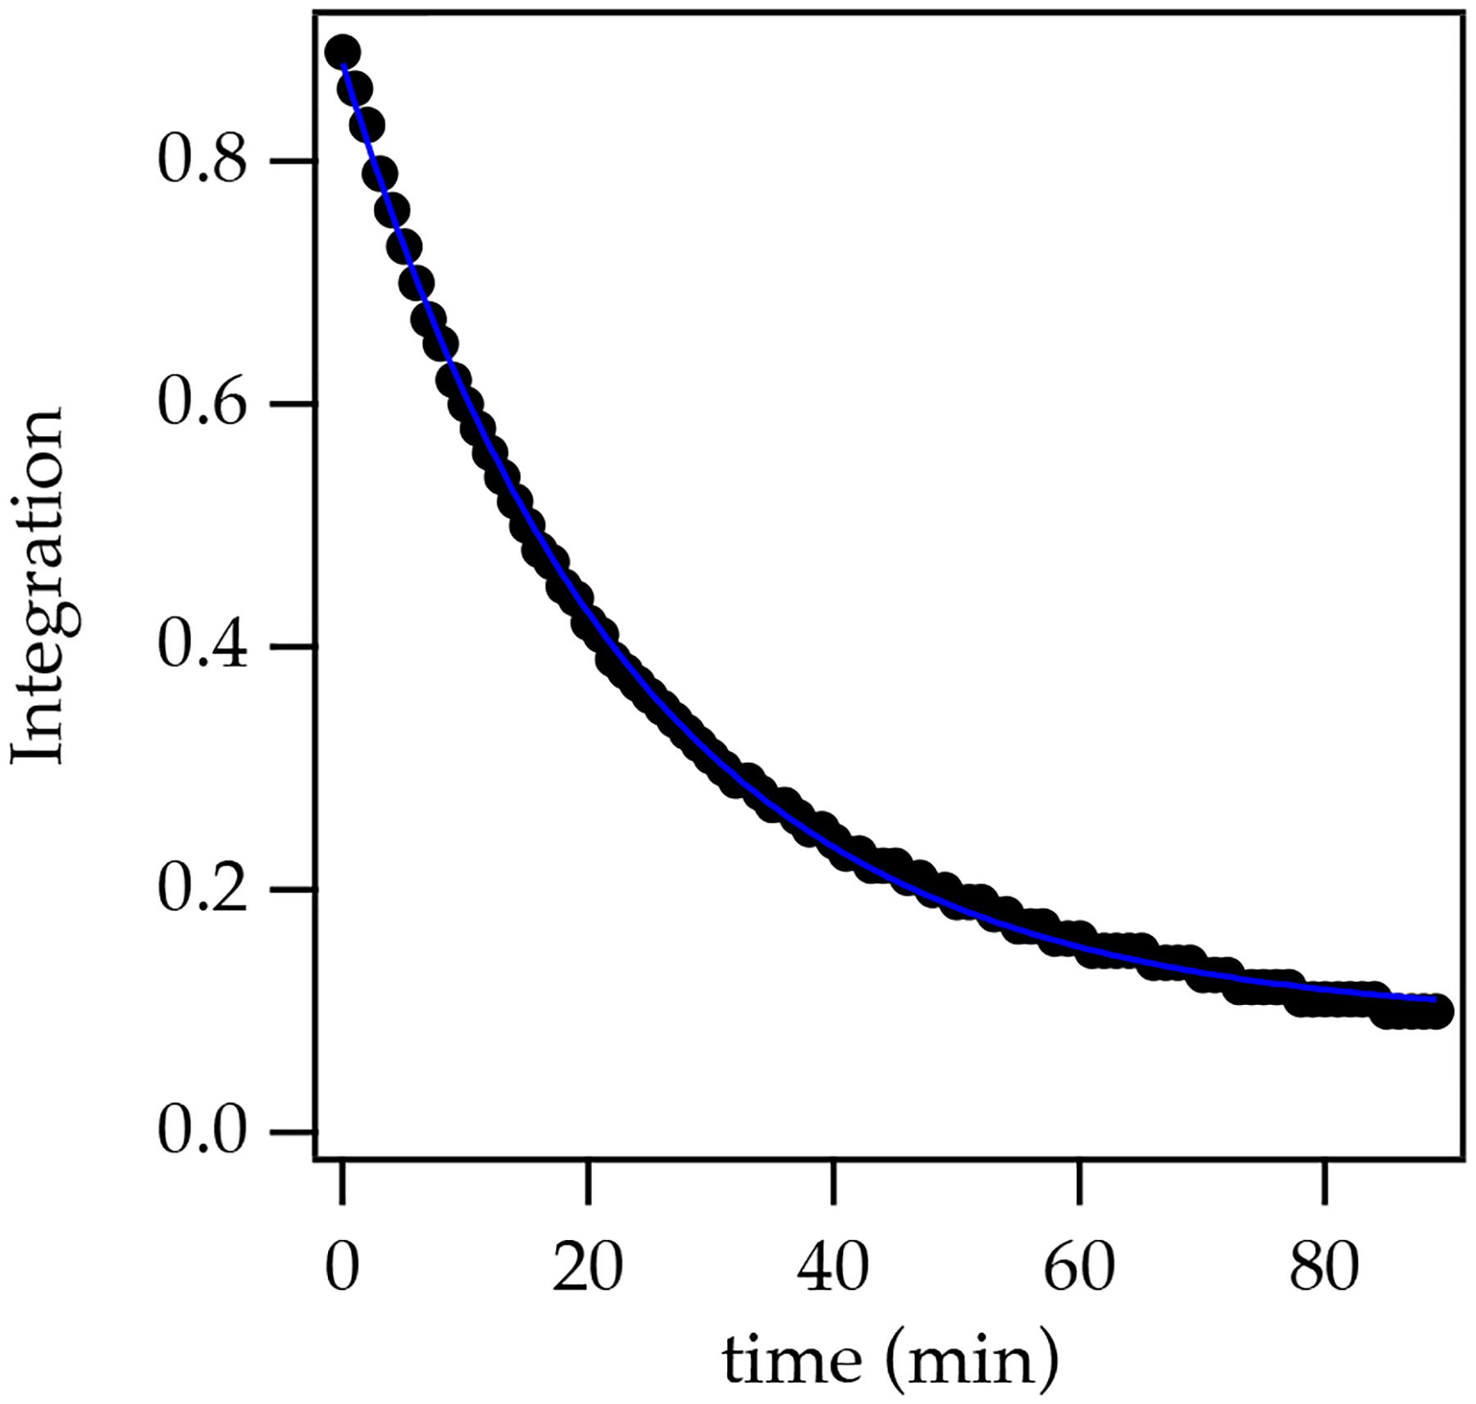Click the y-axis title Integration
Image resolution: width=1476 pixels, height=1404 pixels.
click(38, 587)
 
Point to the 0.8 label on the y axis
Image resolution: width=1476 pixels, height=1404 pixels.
click(202, 161)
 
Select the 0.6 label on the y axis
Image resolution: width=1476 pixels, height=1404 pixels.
click(202, 404)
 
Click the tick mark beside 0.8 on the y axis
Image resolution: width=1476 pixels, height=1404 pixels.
click(293, 161)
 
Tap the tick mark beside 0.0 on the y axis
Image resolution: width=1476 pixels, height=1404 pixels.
click(293, 1133)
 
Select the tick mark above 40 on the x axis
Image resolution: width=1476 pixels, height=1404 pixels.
click(833, 1183)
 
